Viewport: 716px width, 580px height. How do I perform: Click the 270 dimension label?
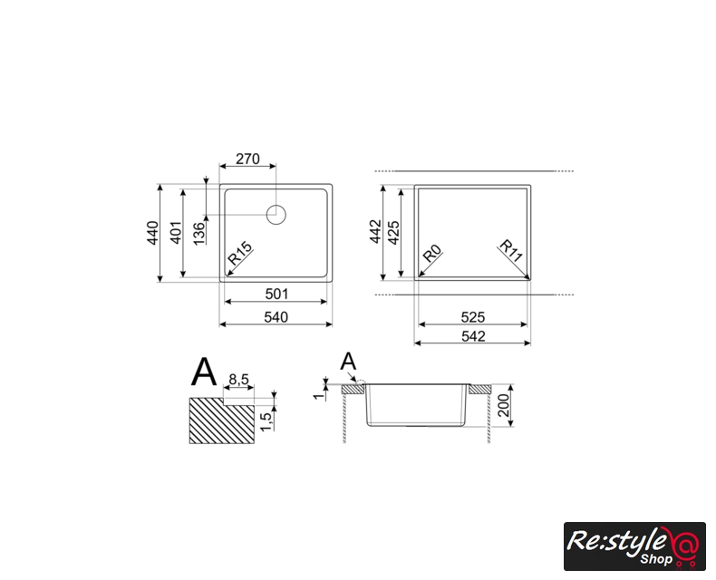[x=247, y=159]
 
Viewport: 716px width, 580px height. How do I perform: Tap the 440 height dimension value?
[x=153, y=233]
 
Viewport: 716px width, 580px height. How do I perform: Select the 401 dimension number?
[x=176, y=233]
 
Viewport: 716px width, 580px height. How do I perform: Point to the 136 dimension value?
[x=199, y=234]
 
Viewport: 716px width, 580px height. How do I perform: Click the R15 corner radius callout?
[x=240, y=254]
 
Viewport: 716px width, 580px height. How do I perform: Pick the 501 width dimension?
[x=276, y=294]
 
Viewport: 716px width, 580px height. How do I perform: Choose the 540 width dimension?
[x=276, y=317]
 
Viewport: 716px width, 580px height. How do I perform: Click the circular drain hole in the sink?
[x=276, y=215]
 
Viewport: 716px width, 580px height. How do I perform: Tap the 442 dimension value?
[x=375, y=231]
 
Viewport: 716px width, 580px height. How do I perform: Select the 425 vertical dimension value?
[x=393, y=233]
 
